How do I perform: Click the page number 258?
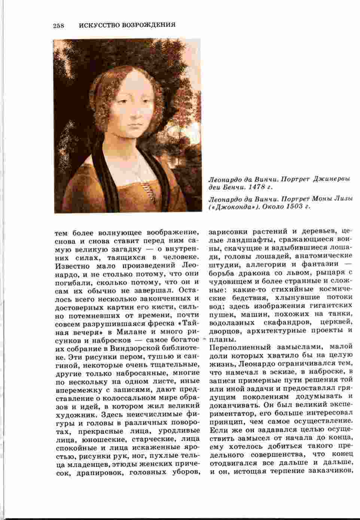pos(59,25)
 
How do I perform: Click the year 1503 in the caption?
pos(295,206)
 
